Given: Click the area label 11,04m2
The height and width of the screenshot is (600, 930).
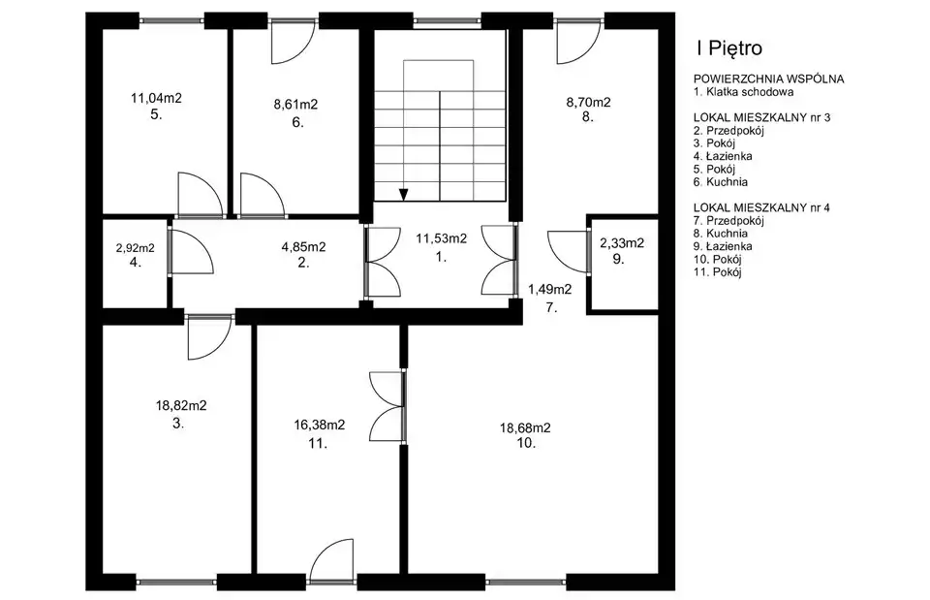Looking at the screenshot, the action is point(156,99).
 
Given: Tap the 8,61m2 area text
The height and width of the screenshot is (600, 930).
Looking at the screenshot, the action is point(295,105).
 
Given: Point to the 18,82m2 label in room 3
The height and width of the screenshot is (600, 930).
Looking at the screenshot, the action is point(181,406).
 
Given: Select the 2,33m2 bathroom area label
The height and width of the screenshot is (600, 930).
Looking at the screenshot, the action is point(622,242).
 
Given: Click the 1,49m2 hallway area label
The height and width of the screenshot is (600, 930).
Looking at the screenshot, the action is point(550,290).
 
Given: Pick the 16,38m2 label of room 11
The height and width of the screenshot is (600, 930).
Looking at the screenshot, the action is point(319,425).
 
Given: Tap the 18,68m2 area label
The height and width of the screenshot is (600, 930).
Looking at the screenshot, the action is point(525,427).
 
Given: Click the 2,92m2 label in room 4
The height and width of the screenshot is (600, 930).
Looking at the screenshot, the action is point(136,248).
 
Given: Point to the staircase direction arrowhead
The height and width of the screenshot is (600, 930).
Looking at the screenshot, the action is point(404,195).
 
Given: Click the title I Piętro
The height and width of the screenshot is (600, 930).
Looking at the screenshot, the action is point(728,48).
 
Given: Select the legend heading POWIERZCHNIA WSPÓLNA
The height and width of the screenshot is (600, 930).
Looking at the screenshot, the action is point(768,79).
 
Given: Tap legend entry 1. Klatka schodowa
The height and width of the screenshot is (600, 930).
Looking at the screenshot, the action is point(743,92).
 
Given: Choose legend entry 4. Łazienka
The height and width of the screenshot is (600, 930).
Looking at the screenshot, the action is point(723,156).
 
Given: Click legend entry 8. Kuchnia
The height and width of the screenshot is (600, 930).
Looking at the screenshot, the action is point(720,234).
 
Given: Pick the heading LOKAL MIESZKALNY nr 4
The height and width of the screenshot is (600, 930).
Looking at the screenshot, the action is point(761,207).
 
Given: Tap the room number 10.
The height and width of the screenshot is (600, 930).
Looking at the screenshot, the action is point(526,443).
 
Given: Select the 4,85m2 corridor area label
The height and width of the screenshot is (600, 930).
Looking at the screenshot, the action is point(303,247).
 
